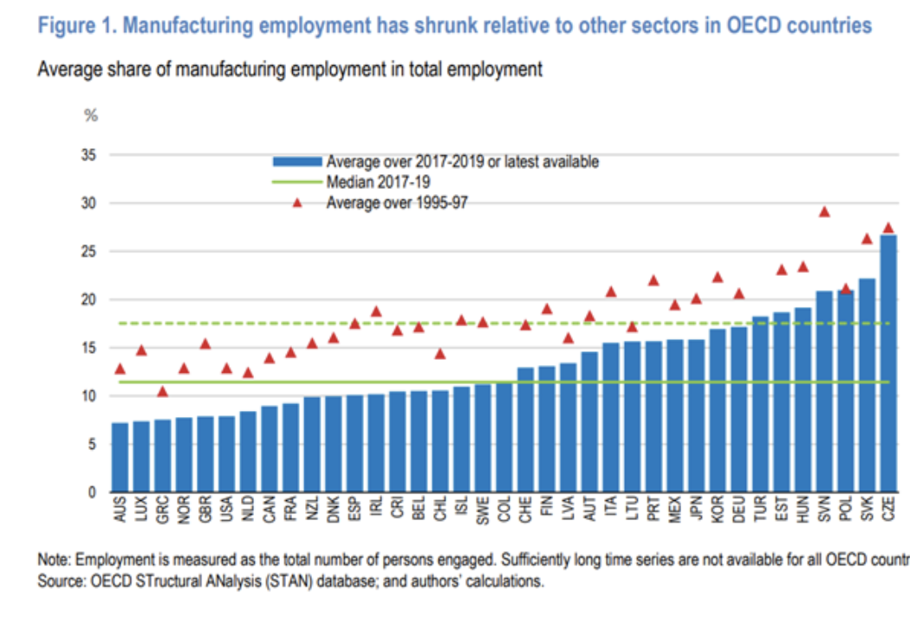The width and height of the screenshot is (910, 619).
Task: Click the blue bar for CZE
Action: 887,364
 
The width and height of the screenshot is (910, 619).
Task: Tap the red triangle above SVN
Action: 824,212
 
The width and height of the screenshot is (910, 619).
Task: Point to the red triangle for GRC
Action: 162,392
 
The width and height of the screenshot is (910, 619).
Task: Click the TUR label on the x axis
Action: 760,511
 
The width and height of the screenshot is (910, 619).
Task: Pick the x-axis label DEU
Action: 738,511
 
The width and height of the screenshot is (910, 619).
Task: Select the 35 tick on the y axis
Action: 88,156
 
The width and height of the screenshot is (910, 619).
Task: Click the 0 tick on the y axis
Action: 91,492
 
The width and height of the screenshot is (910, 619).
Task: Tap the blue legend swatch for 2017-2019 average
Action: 296,162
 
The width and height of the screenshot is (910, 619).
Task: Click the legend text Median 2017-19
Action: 378,182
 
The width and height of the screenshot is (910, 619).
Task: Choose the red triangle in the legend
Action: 296,203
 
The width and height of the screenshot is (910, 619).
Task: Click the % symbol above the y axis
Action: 90,115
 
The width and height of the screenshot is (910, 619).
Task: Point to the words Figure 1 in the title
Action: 74,25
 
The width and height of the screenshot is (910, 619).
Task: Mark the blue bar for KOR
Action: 718,411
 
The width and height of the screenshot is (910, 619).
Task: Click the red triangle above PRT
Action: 653,280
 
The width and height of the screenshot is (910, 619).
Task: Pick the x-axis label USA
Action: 226,511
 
